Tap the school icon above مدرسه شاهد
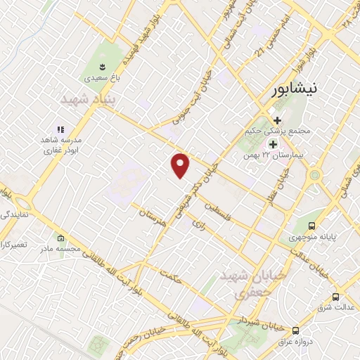[x=60, y=129]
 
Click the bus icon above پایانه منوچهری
[x=311, y=225]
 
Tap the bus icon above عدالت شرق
[x=335, y=297]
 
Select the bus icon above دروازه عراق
[x=296, y=330]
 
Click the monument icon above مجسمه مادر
[x=62, y=238]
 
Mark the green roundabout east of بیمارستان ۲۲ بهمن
[x=314, y=174]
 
